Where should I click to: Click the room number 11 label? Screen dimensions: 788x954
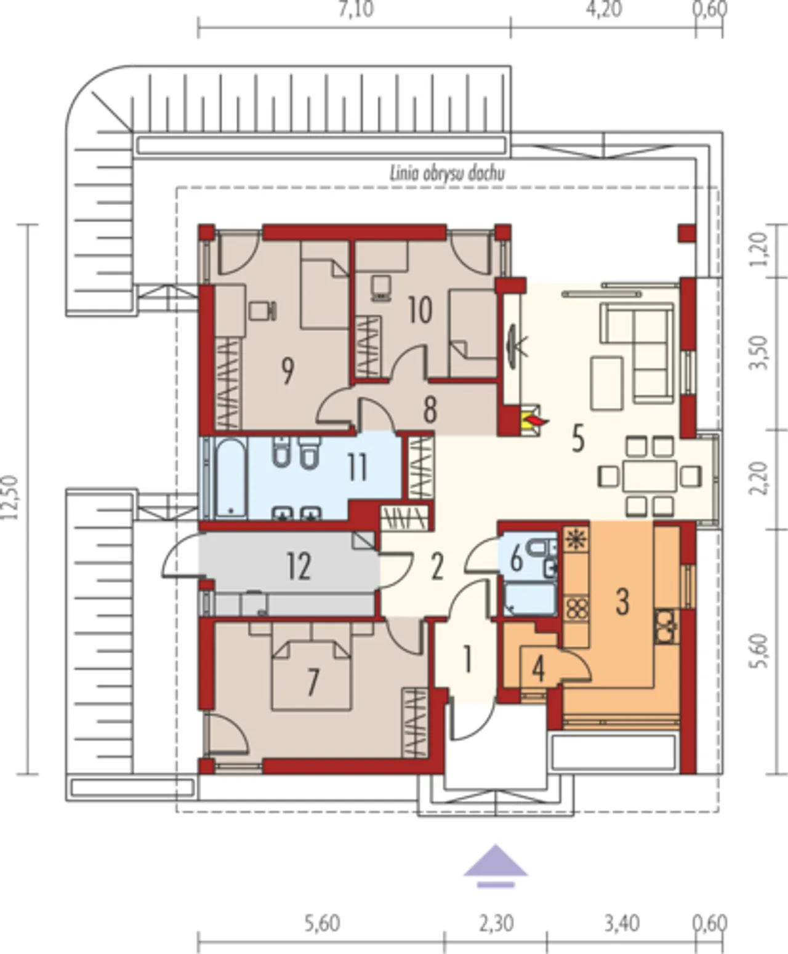[x=358, y=468]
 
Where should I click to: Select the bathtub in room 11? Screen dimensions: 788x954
[x=231, y=478]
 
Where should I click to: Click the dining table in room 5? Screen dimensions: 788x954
[x=649, y=476]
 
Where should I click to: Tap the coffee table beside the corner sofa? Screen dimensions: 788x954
[x=606, y=383]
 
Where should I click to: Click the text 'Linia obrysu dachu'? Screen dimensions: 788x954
[x=447, y=174]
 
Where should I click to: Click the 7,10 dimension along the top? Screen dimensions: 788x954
[x=356, y=9]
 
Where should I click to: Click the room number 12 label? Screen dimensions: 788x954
[x=299, y=566]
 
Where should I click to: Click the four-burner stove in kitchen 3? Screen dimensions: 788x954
[x=576, y=608]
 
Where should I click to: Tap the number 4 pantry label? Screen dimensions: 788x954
[x=539, y=671]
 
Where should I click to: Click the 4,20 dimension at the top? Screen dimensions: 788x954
[x=603, y=9]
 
